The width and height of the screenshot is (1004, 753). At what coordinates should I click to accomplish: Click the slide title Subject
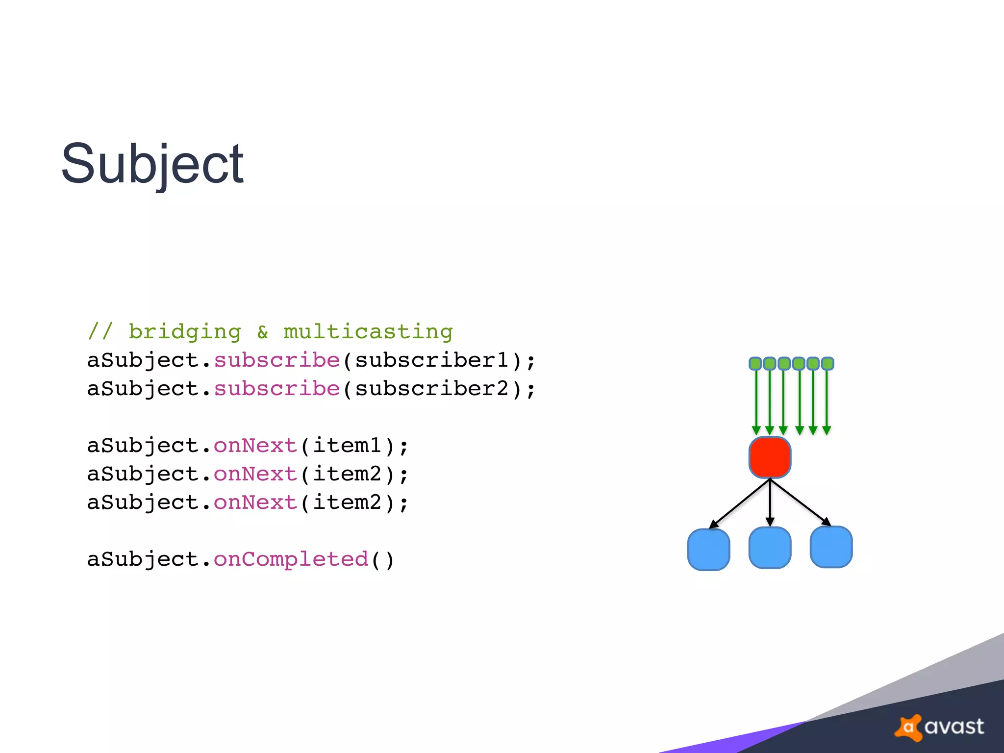click(152, 164)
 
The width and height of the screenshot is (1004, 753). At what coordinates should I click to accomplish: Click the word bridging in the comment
click(185, 332)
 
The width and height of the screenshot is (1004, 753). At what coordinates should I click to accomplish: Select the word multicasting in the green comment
click(368, 332)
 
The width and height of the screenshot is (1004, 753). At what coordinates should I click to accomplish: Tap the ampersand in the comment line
click(263, 332)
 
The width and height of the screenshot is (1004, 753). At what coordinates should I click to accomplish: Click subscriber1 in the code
click(431, 360)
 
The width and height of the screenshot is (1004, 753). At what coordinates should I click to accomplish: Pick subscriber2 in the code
click(431, 389)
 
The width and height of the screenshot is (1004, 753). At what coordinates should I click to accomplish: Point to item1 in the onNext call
click(347, 446)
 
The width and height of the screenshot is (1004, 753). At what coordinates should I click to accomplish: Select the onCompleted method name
click(291, 559)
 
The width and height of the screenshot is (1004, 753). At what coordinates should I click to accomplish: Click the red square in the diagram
click(770, 457)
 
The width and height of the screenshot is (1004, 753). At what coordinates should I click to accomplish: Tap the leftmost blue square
click(708, 550)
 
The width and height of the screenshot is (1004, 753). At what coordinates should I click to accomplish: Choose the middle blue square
click(770, 548)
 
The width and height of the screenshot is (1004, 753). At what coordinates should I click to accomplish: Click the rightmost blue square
click(831, 547)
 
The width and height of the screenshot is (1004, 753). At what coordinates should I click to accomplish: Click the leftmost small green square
click(755, 364)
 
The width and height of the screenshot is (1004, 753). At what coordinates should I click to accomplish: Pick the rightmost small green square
click(828, 364)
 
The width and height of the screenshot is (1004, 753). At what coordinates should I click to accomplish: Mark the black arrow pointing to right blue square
click(800, 502)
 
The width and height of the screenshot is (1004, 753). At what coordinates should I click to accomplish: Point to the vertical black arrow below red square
click(770, 502)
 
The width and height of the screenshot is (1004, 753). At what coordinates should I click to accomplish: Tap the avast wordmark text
click(954, 727)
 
